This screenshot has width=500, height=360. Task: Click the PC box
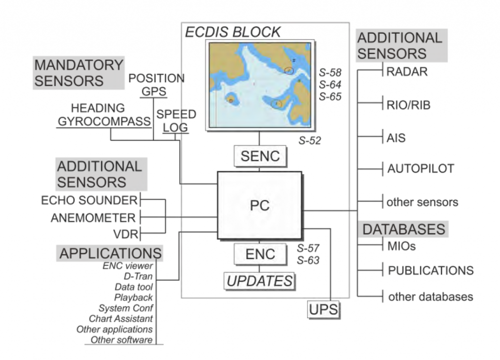pyautogui.click(x=259, y=205)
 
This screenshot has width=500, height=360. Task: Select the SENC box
pyautogui.click(x=260, y=157)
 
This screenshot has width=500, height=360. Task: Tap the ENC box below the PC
pyautogui.click(x=259, y=254)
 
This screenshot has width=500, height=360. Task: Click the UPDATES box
pyautogui.click(x=259, y=281)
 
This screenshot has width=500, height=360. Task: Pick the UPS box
pyautogui.click(x=323, y=310)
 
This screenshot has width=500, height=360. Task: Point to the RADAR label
pyautogui.click(x=407, y=72)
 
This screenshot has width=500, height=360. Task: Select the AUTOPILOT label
pyautogui.click(x=420, y=169)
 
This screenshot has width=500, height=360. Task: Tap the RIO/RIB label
pyautogui.click(x=409, y=105)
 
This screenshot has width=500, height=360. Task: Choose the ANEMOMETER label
pyautogui.click(x=93, y=218)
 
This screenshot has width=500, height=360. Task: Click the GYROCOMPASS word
pyautogui.click(x=104, y=121)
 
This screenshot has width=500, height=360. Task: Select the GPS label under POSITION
pyautogui.click(x=154, y=91)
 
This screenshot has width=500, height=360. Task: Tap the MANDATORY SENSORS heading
pyautogui.click(x=79, y=73)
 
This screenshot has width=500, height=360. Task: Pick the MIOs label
pyautogui.click(x=401, y=246)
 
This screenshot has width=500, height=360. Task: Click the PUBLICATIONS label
pyautogui.click(x=431, y=270)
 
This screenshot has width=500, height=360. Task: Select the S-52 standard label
pyautogui.click(x=310, y=141)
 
